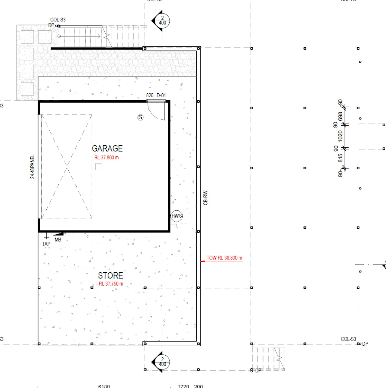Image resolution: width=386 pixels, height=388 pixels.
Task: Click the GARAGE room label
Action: [x=107, y=148]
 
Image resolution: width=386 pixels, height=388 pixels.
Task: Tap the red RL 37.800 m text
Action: [x=106, y=158]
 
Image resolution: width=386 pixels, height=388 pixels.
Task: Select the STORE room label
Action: [x=110, y=275]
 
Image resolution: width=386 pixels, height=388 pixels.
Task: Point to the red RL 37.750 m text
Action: [x=111, y=284]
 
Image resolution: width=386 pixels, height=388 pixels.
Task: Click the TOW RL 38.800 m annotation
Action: [x=224, y=258]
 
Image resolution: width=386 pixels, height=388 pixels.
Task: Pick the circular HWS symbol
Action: [x=176, y=216]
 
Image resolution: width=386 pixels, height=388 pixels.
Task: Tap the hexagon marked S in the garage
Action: [x=140, y=117]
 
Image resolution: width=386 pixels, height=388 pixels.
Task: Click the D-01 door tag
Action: [x=161, y=95]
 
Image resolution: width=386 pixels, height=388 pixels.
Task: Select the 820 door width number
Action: [x=150, y=95]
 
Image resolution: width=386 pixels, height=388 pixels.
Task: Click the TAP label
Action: [x=46, y=244]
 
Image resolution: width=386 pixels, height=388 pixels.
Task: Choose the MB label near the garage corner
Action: [x=58, y=240]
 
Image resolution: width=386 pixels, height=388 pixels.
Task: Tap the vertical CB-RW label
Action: [x=205, y=198]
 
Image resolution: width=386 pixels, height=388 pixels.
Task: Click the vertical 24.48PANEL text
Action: [x=33, y=167]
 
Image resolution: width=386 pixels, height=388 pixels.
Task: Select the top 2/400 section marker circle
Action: [x=162, y=21]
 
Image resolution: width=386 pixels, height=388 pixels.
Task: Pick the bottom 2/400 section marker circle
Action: [x=162, y=362]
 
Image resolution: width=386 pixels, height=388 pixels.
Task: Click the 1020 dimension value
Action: [x=340, y=136]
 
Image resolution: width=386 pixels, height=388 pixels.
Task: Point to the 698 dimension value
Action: [x=340, y=116]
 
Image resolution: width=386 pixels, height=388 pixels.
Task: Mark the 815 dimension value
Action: [x=340, y=158]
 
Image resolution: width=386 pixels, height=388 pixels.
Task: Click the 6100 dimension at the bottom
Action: [x=104, y=386]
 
